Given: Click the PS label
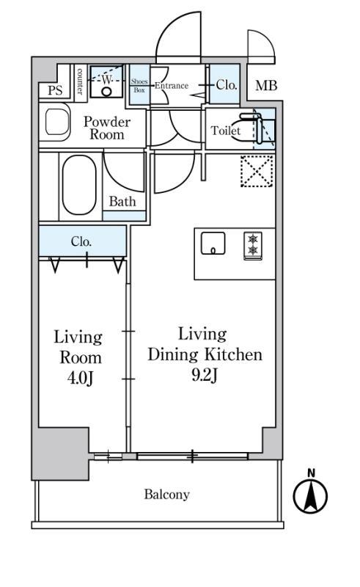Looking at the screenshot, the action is pyautogui.click(x=55, y=90).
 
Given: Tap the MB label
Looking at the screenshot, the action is pyautogui.click(x=266, y=85).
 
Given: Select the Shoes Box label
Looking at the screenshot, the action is pyautogui.click(x=139, y=86).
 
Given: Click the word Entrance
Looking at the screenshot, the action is pyautogui.click(x=172, y=86).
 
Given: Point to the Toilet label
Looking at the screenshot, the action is pyautogui.click(x=225, y=131).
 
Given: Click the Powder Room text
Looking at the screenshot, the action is pyautogui.click(x=106, y=128).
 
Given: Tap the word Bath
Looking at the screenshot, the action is pyautogui.click(x=122, y=201).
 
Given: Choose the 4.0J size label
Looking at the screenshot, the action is pyautogui.click(x=80, y=379).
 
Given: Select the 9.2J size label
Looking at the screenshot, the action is pyautogui.click(x=205, y=375).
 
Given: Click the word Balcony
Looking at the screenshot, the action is pyautogui.click(x=167, y=495).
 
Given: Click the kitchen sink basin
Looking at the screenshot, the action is pyautogui.click(x=213, y=244).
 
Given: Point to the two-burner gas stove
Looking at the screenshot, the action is pyautogui.click(x=253, y=246).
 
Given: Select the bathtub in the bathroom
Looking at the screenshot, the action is pyautogui.click(x=79, y=185).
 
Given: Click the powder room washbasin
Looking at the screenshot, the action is pyautogui.click(x=57, y=122).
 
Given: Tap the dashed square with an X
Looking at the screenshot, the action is pyautogui.click(x=257, y=171).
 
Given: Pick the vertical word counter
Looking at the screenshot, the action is pyautogui.click(x=80, y=81).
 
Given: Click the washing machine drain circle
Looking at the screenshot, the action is pyautogui.click(x=106, y=91).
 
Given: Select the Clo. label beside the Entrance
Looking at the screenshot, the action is pyautogui.click(x=227, y=85).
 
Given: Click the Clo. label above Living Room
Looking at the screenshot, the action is pyautogui.click(x=81, y=241).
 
